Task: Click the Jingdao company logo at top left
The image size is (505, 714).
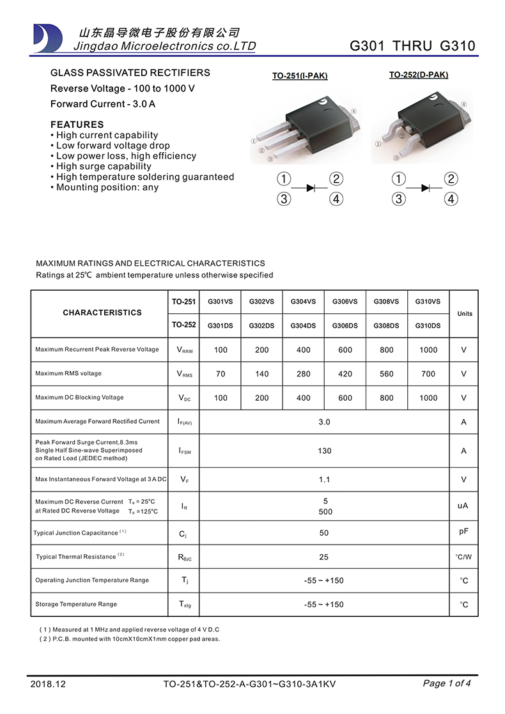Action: coord(48,38)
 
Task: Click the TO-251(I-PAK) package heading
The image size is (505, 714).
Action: coord(300,76)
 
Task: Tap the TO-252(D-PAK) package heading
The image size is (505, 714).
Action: coord(419,75)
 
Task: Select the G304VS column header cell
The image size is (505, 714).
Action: coord(303,302)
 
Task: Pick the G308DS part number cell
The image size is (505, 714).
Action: coord(386,325)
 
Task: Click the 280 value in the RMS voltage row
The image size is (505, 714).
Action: coord(304,374)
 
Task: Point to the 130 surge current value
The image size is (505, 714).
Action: coord(325,451)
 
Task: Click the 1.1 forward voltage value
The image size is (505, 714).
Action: coord(325,479)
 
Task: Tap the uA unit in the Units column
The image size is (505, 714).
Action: coord(463,506)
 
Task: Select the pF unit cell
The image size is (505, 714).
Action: coord(464,531)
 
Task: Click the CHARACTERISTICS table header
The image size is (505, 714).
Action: coord(102,313)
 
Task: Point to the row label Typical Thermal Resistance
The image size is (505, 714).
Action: coord(76,557)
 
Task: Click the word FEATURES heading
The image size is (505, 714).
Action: coord(77,125)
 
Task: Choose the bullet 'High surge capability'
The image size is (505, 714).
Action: coord(104,166)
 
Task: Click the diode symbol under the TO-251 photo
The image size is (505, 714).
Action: coord(311,188)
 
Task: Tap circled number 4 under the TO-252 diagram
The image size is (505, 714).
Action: coord(451,199)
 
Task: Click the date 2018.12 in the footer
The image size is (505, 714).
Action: coord(48,684)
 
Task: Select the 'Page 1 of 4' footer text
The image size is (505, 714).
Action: coord(447,683)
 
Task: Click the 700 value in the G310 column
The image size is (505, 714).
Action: coord(428,374)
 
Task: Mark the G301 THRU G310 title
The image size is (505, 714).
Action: coord(413,46)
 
